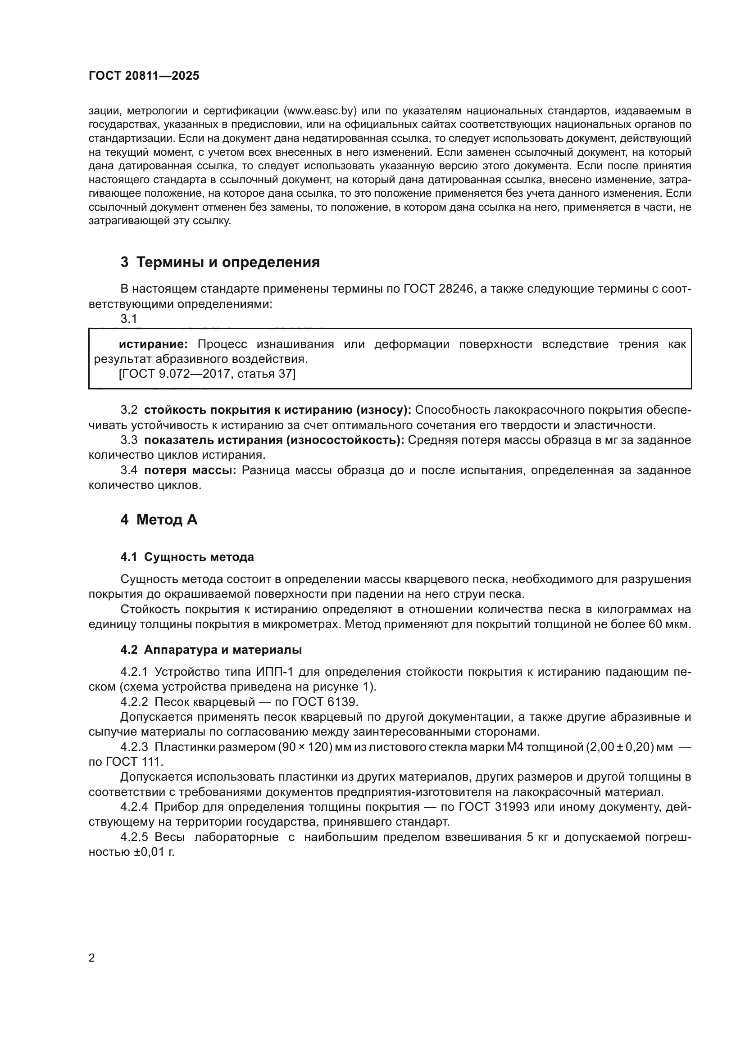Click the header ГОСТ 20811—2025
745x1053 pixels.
144,76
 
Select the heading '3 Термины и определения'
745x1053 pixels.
220,262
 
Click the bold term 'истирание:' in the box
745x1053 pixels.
153,344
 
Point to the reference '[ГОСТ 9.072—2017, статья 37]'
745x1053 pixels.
207,374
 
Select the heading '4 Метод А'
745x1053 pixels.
159,520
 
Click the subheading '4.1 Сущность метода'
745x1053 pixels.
187,557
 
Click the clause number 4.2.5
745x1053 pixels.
134,837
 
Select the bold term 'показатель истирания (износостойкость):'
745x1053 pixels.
274,440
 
